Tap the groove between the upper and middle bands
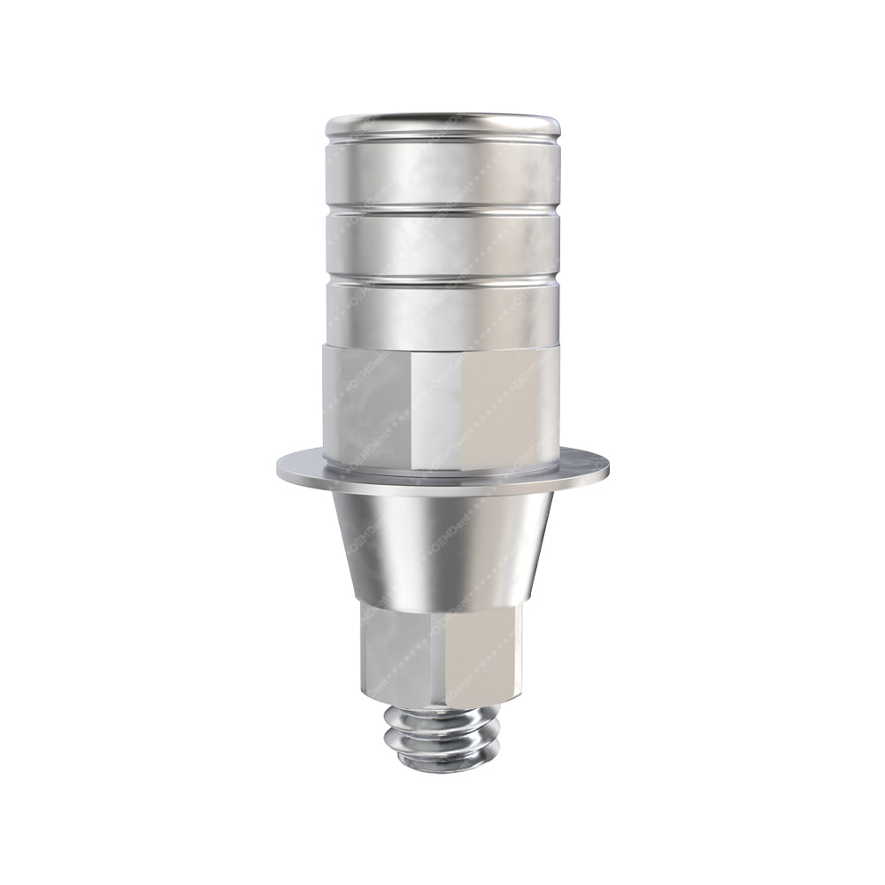click(x=442, y=210)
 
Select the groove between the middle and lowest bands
click(x=442, y=281)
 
